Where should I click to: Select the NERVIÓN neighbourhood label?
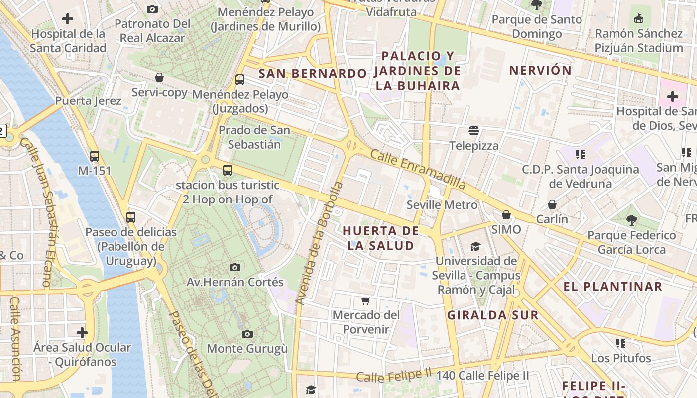[540, 70]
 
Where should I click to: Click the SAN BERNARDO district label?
[313, 74]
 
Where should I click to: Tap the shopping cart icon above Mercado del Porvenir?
[366, 300]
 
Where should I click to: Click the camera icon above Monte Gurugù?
[247, 334]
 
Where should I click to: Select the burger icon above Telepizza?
[473, 131]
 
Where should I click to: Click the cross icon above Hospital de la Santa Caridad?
[68, 19]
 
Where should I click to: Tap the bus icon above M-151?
[95, 156]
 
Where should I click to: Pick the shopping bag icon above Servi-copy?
[159, 77]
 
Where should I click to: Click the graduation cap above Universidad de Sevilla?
[475, 246]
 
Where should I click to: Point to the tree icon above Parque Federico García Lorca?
[631, 220]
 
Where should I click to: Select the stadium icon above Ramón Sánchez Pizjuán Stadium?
[639, 19]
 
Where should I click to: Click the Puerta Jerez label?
[88, 101]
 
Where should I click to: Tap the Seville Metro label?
[442, 205]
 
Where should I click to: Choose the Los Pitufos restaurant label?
[621, 358]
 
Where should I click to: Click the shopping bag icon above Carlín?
[552, 204]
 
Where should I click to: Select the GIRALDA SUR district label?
[492, 315]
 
